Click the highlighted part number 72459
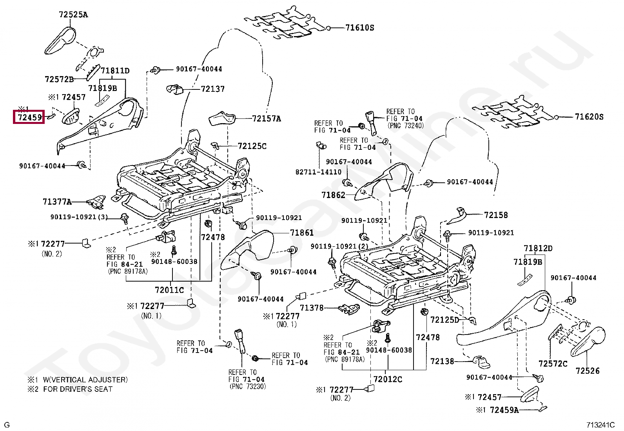click(29, 117)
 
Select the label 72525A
click(73, 15)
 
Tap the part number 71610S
click(359, 28)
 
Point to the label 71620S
click(589, 116)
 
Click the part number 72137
click(212, 89)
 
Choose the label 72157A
click(266, 118)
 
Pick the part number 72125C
click(252, 146)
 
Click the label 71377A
click(57, 202)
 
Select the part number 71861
click(301, 233)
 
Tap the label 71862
click(333, 195)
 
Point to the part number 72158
click(495, 215)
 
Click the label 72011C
click(169, 290)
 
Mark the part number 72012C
click(388, 379)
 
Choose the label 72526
click(587, 371)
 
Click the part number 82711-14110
click(318, 172)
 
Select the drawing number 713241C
click(600, 425)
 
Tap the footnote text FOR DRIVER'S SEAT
click(78, 389)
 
